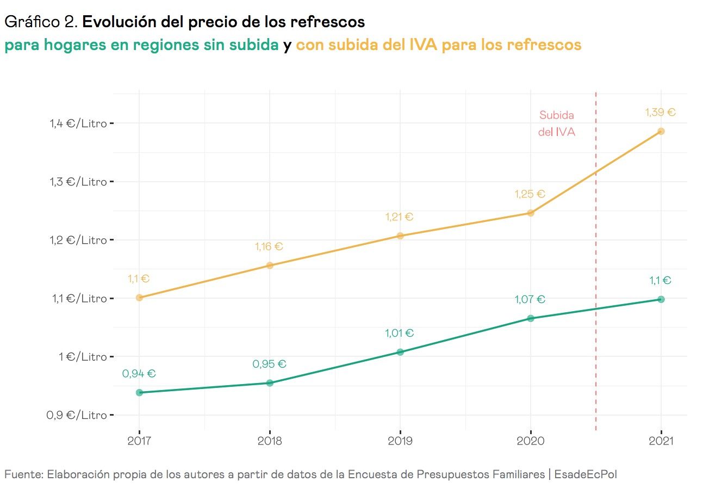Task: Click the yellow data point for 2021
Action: tap(661, 131)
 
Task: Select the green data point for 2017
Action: tap(139, 392)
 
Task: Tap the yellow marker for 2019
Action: tap(400, 236)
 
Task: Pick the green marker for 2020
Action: tap(531, 318)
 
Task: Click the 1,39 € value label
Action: tap(660, 113)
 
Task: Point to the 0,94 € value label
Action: tap(139, 374)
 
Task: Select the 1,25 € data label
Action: tap(530, 194)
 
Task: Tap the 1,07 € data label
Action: tap(530, 299)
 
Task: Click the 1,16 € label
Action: tap(269, 246)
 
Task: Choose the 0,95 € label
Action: tap(269, 365)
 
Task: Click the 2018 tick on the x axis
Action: tap(270, 441)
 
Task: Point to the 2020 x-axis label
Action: tap(531, 441)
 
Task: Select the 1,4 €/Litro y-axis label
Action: tap(78, 123)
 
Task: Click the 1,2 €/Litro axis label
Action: tap(78, 240)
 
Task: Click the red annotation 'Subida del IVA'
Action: tap(556, 123)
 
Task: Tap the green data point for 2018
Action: tap(270, 383)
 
